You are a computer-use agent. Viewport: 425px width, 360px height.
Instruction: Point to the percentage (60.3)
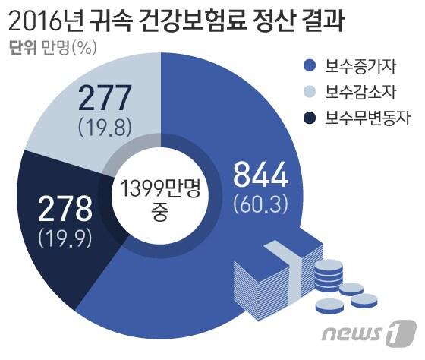tap(260, 203)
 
